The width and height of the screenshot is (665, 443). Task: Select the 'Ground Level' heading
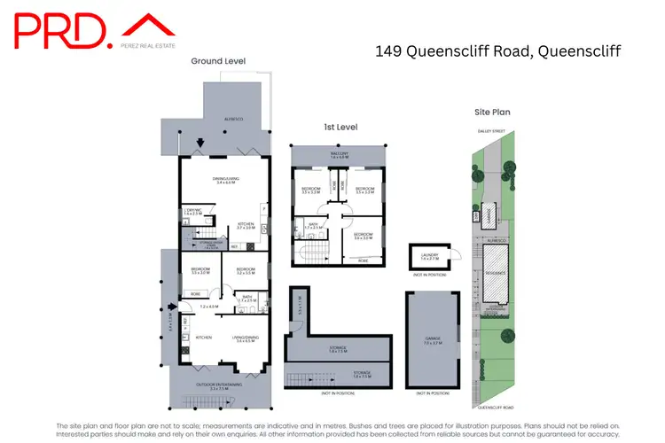tap(218, 61)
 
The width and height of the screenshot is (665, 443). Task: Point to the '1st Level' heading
tap(340, 128)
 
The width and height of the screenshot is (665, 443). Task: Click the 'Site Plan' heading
tap(493, 113)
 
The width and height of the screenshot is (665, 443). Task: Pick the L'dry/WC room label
tap(192, 213)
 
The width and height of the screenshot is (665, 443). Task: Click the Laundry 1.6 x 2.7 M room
tap(429, 256)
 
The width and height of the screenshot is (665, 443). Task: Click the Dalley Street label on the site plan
tap(491, 130)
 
